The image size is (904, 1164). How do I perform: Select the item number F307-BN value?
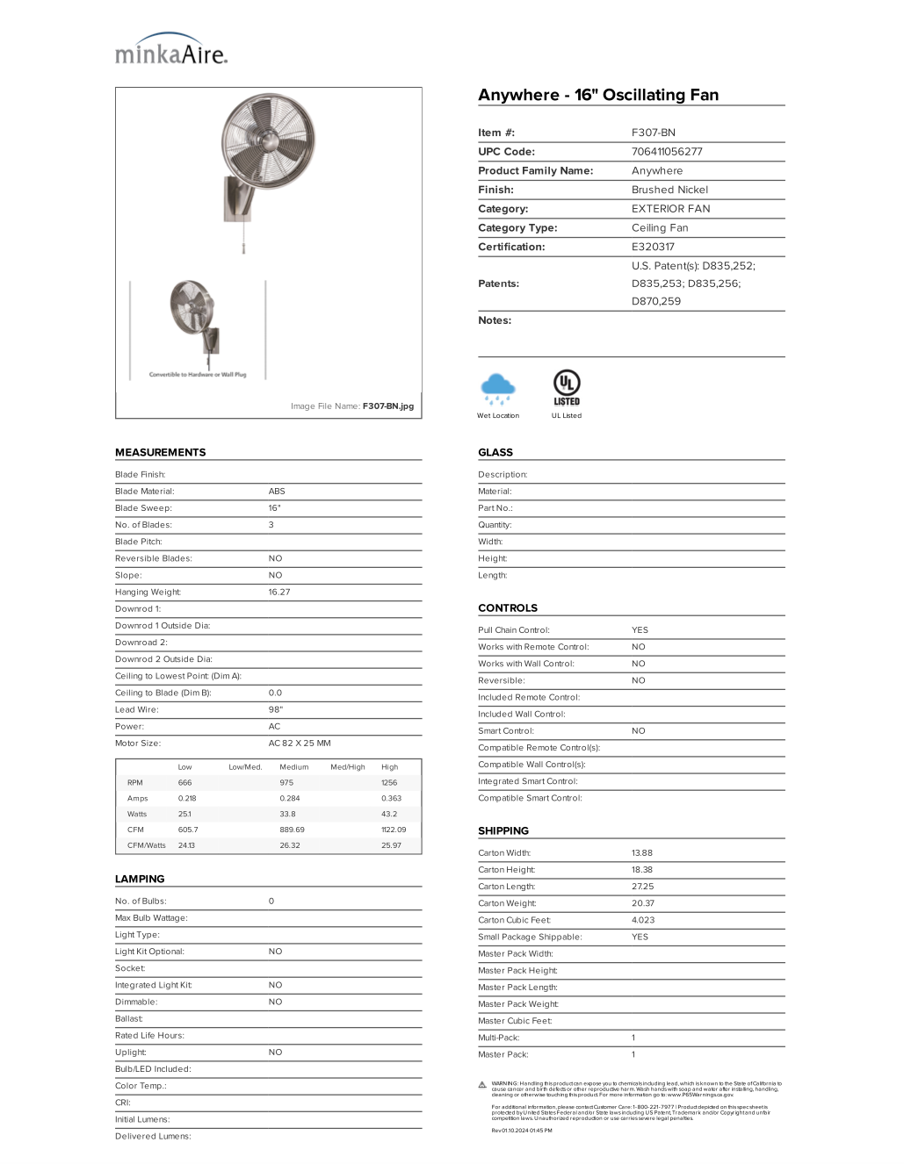click(x=653, y=133)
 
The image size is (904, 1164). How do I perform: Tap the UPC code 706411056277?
click(x=667, y=152)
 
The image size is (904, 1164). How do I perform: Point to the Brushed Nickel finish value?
click(x=669, y=190)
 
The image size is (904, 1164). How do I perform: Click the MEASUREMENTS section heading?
click(x=160, y=452)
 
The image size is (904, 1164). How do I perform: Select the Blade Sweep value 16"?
click(x=274, y=508)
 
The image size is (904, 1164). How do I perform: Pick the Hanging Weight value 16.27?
click(x=278, y=593)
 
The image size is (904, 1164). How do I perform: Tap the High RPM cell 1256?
click(x=389, y=782)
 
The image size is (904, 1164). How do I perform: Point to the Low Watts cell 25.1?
click(x=184, y=814)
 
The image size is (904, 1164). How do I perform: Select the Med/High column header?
click(x=347, y=766)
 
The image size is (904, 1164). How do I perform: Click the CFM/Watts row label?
click(x=146, y=845)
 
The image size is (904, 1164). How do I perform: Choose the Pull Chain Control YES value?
click(x=640, y=630)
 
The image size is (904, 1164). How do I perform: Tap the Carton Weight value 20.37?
click(x=642, y=903)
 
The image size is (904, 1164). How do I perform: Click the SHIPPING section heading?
click(x=503, y=830)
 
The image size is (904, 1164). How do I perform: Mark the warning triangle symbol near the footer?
click(x=482, y=1085)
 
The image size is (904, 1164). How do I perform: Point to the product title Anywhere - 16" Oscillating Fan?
click(x=598, y=95)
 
